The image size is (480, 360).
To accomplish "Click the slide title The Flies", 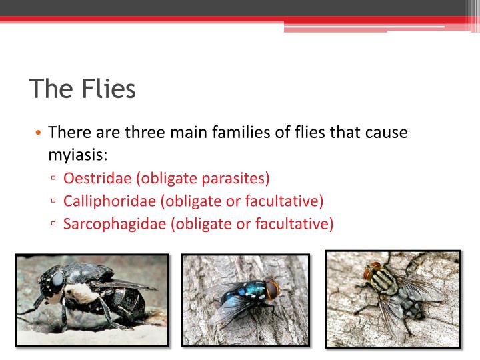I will pos(82,88).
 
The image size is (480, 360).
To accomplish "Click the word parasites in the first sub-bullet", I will pos(238,178).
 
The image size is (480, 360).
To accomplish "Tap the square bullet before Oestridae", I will pos(53,179).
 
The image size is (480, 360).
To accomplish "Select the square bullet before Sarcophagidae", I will pos(53,224).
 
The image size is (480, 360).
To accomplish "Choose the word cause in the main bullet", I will pos(385,132).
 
